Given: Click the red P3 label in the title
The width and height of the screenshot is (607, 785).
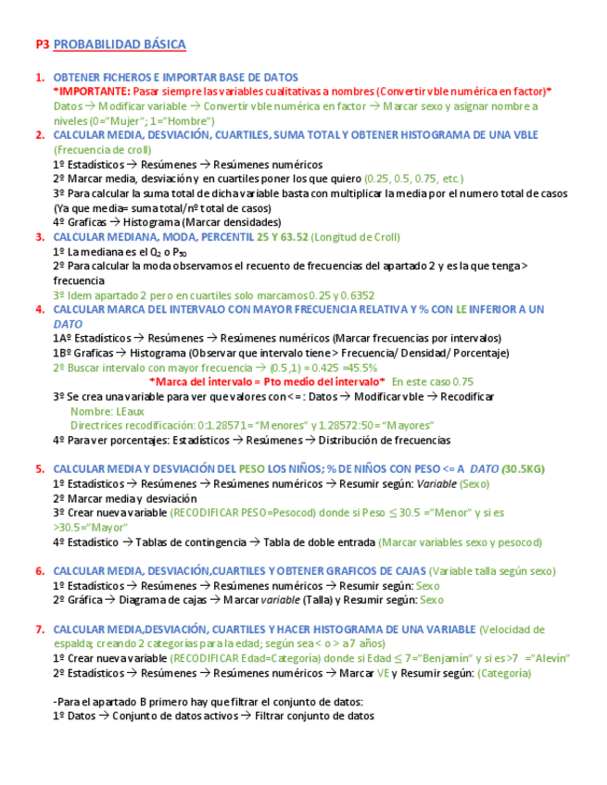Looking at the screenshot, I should click(x=42, y=44).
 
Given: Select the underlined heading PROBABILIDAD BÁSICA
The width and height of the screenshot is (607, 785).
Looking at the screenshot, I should click(x=120, y=44).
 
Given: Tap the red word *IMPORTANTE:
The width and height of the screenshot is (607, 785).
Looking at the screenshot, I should click(x=92, y=92).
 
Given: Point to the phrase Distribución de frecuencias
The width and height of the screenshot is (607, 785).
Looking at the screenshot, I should click(x=393, y=440).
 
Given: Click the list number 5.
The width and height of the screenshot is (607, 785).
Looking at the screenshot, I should click(x=39, y=468).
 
